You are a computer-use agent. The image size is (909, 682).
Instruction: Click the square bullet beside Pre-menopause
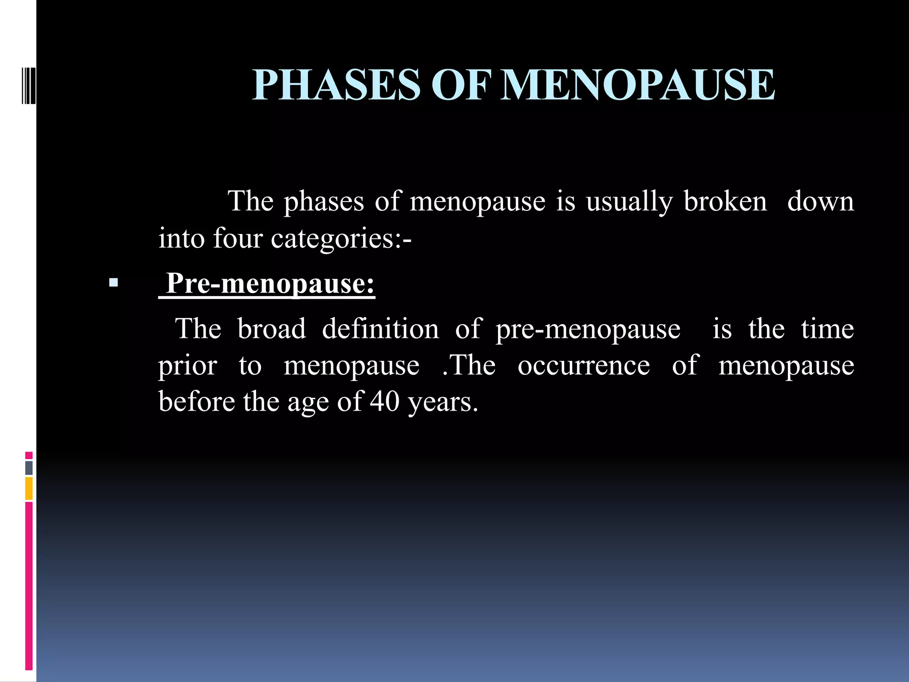[113, 282]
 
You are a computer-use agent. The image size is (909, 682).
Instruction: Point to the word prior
[188, 366]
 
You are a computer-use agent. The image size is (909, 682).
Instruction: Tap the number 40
[385, 401]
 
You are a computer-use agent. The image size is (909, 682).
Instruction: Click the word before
[197, 401]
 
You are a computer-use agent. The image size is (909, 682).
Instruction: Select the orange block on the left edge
[29, 488]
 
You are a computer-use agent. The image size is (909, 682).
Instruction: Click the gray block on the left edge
[29, 468]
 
